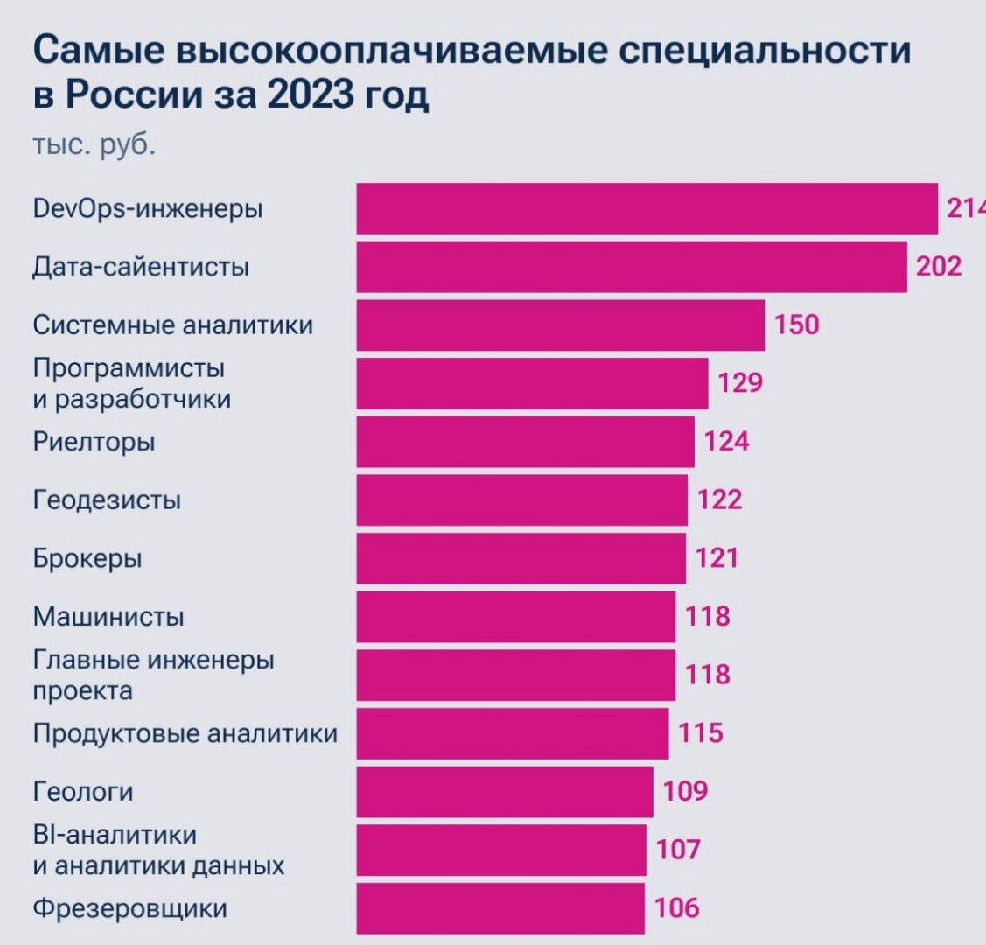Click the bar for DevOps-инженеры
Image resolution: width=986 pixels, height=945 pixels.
coord(647,208)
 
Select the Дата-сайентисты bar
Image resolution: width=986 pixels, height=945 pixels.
coord(631,266)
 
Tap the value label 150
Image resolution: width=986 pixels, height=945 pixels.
coord(797,325)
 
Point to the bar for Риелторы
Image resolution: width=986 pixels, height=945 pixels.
coord(525,442)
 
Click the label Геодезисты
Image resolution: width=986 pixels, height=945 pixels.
coord(107,500)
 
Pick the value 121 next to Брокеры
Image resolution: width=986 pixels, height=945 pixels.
coord(717,558)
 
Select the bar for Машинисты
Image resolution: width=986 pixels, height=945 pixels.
coord(515,617)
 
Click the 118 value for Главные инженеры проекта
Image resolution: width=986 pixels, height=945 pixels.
coord(708,675)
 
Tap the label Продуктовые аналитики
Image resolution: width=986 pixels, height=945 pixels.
coord(185,733)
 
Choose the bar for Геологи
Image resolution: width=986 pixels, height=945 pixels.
coord(504,792)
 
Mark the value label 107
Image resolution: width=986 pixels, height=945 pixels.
coord(679,850)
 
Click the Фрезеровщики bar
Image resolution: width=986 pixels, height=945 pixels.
coord(500,908)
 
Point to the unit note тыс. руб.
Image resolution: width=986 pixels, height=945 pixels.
coord(94,144)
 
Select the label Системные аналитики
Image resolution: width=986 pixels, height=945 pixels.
coord(172,325)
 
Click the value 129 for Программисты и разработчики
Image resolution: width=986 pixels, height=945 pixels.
coord(741,383)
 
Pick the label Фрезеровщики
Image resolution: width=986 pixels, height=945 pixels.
coord(129,908)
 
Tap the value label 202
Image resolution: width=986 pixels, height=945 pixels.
coord(939,266)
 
